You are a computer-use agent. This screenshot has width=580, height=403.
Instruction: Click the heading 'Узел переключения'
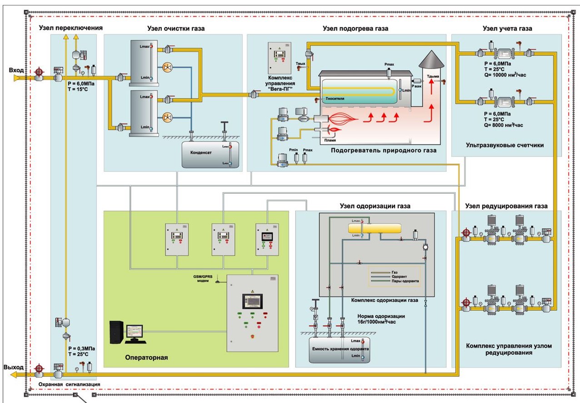click(70, 28)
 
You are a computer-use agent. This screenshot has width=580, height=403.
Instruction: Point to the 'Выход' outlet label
click(13, 367)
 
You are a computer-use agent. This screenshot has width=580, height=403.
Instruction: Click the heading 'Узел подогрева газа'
click(355, 28)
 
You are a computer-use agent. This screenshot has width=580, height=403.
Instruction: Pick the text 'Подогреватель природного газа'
click(383, 150)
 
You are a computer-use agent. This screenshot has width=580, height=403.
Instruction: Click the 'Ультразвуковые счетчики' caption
click(505, 146)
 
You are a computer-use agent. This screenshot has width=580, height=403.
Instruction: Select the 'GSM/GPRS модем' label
click(200, 278)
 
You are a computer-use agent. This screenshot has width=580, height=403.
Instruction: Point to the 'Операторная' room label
click(146, 358)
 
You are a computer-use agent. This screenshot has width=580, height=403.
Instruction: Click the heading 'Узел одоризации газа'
click(375, 206)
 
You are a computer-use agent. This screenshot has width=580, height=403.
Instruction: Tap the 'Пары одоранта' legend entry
click(405, 282)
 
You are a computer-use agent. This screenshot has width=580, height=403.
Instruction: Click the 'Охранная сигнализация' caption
click(69, 385)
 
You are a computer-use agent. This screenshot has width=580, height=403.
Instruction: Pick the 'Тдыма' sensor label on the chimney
click(433, 76)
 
